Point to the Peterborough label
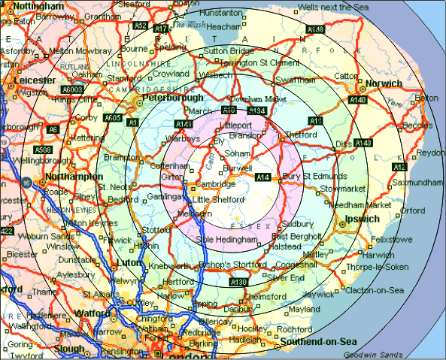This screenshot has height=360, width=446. (168, 98)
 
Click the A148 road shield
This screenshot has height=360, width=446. (315, 29)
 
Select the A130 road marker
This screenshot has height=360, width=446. (238, 282)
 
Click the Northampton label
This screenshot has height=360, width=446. (74, 176)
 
